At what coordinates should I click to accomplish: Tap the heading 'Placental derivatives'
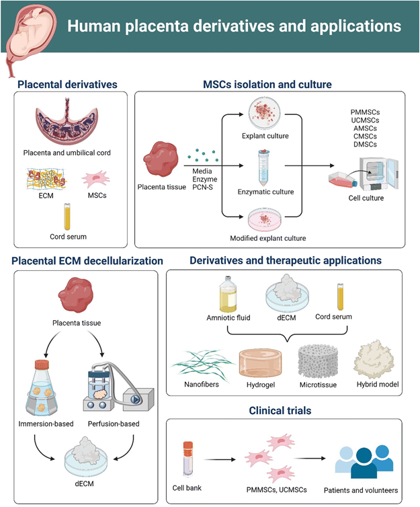pyautogui.click(x=68, y=85)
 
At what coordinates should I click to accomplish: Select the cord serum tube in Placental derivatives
pyautogui.click(x=67, y=215)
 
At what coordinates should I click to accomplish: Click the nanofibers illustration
pyautogui.click(x=201, y=364)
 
